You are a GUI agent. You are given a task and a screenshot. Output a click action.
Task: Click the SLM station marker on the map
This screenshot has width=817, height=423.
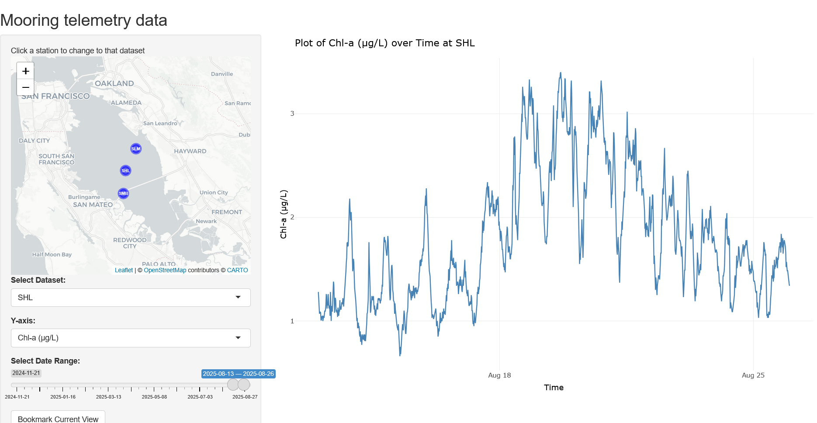point(136,149)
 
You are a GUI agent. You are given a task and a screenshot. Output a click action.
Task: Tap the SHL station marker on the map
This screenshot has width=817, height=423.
point(125,170)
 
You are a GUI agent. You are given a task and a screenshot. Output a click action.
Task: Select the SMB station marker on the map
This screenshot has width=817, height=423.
point(124,193)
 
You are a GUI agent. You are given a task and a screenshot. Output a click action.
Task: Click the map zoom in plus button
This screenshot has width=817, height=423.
point(26,71)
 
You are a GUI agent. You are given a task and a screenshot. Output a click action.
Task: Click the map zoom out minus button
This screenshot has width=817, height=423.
point(26,87)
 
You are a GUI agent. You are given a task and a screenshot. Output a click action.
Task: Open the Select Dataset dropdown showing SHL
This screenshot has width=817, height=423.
point(131,298)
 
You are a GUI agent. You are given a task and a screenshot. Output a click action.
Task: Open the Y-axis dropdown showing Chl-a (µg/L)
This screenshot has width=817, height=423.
point(131,338)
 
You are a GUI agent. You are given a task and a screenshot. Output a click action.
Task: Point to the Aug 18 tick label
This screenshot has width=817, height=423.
point(499,375)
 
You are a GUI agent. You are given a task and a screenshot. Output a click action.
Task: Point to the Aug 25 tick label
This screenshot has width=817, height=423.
point(753,375)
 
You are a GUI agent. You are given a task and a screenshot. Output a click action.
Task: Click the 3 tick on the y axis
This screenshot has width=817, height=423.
point(292,114)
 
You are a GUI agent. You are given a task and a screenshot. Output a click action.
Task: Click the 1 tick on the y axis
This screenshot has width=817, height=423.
point(292,321)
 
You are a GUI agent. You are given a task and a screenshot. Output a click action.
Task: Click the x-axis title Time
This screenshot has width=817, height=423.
point(554,388)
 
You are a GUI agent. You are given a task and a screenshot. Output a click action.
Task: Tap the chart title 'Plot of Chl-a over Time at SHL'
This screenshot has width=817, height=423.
point(384,43)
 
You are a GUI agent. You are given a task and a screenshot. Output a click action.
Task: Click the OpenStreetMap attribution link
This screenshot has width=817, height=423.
point(165,270)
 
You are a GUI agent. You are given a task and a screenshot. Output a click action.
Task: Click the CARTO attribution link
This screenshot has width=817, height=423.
point(237,270)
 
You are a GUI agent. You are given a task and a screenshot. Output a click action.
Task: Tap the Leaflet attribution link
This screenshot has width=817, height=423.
point(124,270)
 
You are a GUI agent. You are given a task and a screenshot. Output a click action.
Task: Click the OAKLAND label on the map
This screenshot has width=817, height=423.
point(114,83)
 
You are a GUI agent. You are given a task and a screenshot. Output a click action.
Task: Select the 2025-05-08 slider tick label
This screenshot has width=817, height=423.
point(154,397)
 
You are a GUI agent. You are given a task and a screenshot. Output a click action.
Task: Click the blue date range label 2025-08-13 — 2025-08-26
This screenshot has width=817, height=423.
point(238,374)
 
